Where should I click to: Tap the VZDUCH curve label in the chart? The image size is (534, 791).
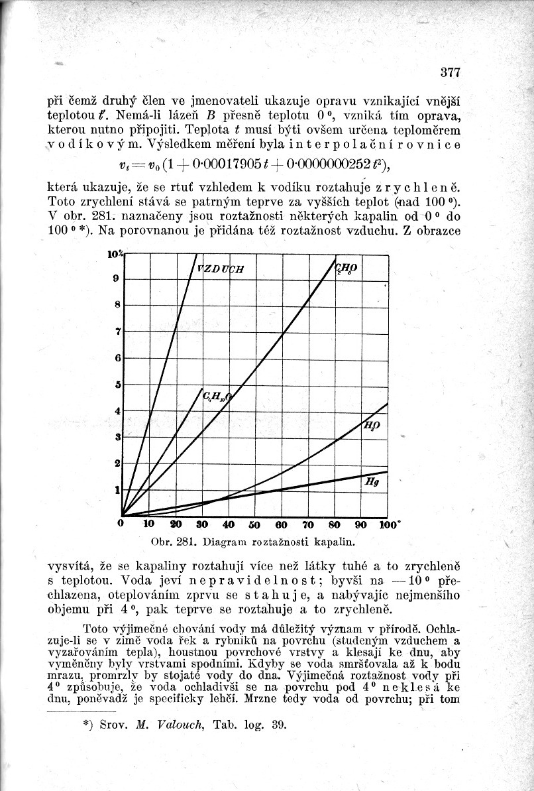[221, 269]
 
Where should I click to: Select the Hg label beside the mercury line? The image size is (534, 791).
[372, 483]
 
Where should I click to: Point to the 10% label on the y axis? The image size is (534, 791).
[115, 254]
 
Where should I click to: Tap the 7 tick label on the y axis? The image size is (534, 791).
[118, 331]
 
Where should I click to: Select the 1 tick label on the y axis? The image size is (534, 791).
[118, 490]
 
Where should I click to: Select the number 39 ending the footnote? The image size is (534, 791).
[278, 724]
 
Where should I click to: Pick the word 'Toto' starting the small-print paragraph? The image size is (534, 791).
[95, 628]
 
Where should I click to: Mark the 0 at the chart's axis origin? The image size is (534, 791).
[121, 524]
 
